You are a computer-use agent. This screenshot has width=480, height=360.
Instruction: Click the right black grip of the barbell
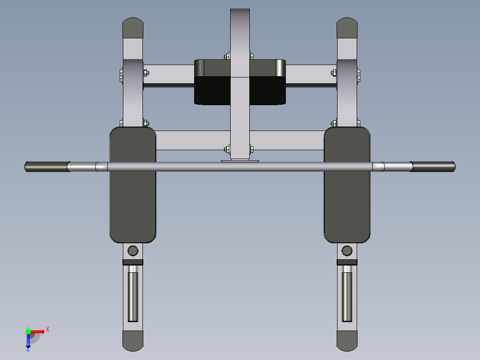pos(433,167)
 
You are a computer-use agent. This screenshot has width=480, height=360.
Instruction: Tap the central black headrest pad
pos(240,90)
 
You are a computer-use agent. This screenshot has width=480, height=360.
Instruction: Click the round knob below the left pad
pos(133,250)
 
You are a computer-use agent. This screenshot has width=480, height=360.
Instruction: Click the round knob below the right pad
pos(347,250)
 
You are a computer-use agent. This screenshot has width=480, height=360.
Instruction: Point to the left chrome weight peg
pos(133,296)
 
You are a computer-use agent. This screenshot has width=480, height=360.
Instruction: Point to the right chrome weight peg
pos(347,296)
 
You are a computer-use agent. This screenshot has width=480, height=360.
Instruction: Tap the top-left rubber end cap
pos(133,28)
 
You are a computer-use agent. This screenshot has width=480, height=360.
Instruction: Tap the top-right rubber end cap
pos(347,28)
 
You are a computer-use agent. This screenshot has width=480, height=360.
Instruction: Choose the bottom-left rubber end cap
pos(133,340)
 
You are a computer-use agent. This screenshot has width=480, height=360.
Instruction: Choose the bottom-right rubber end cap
pos(347,340)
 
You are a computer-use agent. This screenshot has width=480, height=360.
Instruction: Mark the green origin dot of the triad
pos(28,331)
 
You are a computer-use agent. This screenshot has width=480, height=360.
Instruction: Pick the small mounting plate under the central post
pos(240,161)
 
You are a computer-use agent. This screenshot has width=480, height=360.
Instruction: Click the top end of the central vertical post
pos(240,13)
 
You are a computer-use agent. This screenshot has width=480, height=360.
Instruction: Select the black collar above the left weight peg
pos(133,262)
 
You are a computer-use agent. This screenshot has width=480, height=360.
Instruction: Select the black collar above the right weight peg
pos(347,262)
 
